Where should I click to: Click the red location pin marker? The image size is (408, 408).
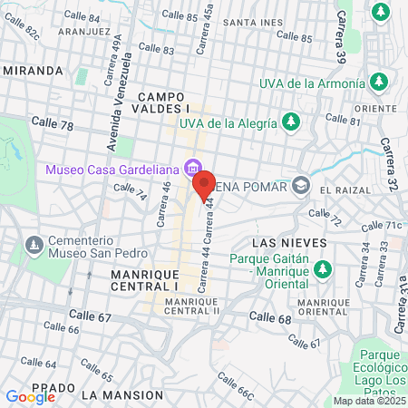[202, 186]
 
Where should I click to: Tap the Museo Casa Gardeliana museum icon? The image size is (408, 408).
[190, 169]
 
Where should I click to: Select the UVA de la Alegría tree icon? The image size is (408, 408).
[291, 121]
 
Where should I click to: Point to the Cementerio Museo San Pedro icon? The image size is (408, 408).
[34, 245]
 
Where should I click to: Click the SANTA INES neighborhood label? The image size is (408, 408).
[248, 23]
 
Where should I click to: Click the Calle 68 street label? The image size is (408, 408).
[271, 318]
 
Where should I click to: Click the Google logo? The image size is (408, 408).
[30, 396]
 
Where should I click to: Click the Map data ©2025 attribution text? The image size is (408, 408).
[368, 401]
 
